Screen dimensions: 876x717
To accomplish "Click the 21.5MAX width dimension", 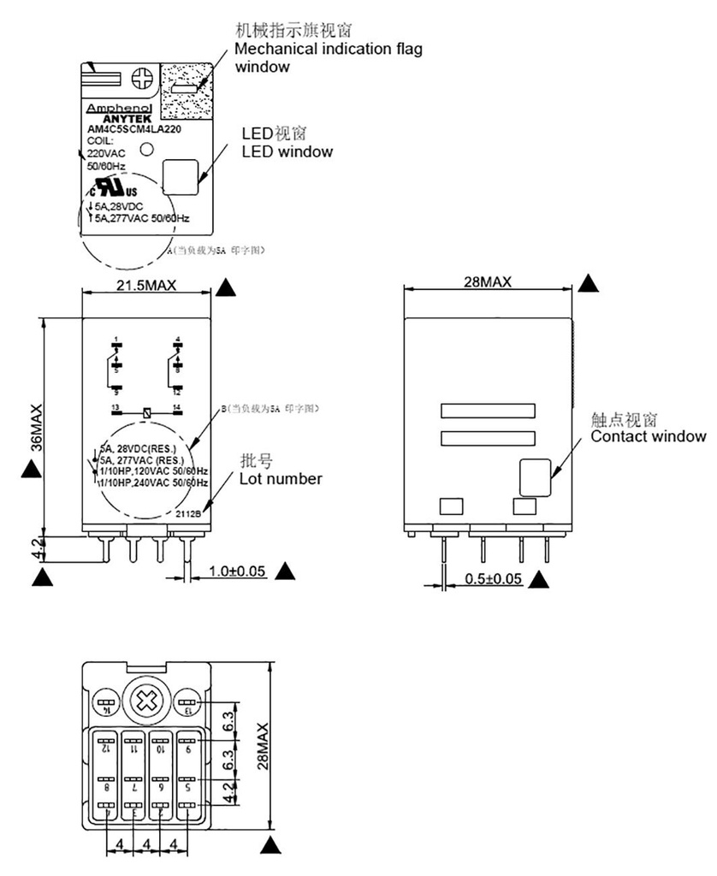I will (145, 286).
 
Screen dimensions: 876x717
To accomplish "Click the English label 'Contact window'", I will (649, 436).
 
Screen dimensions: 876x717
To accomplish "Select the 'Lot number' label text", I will (280, 478).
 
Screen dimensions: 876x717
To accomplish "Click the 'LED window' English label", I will (287, 151).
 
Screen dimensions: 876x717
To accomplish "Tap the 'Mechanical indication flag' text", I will (329, 49).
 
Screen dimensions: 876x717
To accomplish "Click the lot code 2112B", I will (188, 513).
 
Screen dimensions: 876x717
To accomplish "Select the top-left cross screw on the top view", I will (143, 79).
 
